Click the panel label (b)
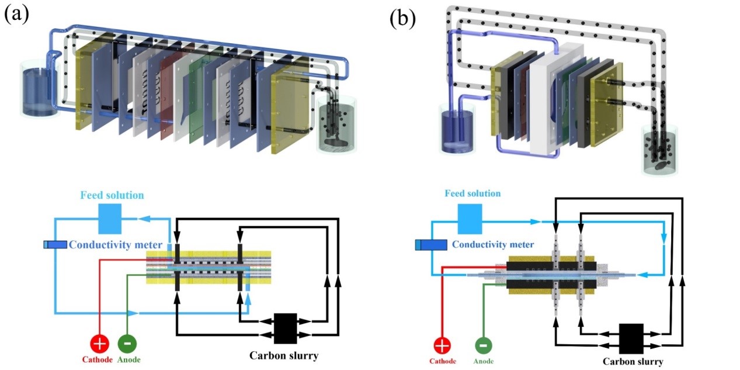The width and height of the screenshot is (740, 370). click(x=402, y=18)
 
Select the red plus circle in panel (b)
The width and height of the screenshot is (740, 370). click(x=443, y=345)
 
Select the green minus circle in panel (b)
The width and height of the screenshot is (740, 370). click(x=483, y=345)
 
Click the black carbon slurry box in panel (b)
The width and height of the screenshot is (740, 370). click(x=631, y=338)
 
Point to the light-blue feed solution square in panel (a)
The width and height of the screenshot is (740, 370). click(x=110, y=219)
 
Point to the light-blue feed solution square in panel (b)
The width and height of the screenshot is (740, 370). click(x=470, y=219)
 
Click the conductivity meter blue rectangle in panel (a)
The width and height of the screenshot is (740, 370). click(x=55, y=244)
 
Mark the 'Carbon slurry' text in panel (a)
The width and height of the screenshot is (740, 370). click(x=283, y=355)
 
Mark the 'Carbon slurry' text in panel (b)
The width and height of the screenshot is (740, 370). click(x=633, y=361)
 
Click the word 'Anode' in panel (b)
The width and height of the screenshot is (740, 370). click(x=483, y=361)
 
